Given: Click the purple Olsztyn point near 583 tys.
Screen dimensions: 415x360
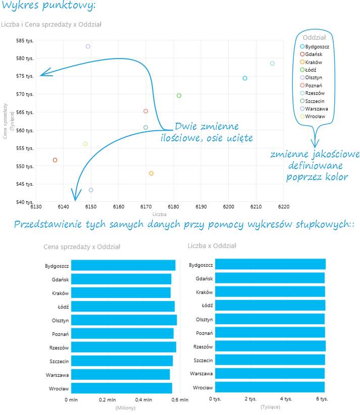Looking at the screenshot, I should tap(88, 46).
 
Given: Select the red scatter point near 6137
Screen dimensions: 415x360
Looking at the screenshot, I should tap(55, 160).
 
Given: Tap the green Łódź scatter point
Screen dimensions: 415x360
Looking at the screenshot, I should tap(179, 96).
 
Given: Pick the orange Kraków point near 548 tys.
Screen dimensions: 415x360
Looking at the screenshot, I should tap(151, 174).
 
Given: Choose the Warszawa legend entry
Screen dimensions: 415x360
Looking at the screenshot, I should tap(316, 109).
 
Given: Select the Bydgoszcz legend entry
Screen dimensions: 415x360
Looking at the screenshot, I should tap(317, 46).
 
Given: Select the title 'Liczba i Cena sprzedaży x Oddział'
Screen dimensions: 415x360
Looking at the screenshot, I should tap(53, 24).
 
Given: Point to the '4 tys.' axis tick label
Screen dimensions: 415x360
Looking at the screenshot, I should tap(286, 399).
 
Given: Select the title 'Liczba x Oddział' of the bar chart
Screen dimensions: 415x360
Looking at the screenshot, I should tap(212, 246).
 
